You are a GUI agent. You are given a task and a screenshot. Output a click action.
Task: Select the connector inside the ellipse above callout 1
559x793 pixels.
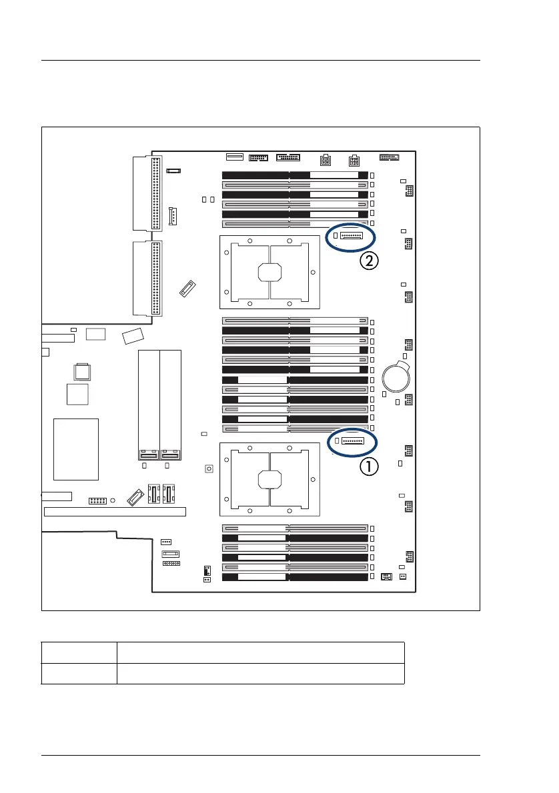pyautogui.click(x=352, y=440)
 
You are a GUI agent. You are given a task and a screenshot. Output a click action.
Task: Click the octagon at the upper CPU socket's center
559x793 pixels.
pyautogui.click(x=269, y=271)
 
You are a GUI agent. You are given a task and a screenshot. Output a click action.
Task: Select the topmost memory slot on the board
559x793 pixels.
pyautogui.click(x=295, y=175)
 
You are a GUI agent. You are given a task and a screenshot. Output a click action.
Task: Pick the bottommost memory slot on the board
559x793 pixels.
pyautogui.click(x=295, y=576)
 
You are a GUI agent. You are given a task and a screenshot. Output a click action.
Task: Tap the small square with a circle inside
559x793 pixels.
pyautogui.click(x=209, y=469)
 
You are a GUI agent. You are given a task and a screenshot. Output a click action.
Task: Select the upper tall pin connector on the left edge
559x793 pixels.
pyautogui.click(x=156, y=192)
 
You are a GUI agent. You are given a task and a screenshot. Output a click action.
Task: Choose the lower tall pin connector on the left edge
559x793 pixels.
pyautogui.click(x=156, y=279)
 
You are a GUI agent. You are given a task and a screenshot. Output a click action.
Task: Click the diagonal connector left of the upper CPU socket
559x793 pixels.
pyautogui.click(x=187, y=289)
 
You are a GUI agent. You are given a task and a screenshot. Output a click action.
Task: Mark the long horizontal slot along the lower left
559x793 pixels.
pyautogui.click(x=115, y=512)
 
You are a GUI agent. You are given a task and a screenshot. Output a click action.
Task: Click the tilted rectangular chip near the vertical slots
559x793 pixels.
pyautogui.click(x=133, y=336)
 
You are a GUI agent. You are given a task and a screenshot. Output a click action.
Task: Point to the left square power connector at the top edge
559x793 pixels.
pyautogui.click(x=325, y=161)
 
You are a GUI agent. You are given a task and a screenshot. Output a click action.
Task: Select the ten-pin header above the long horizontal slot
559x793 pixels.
pyautogui.click(x=98, y=500)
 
